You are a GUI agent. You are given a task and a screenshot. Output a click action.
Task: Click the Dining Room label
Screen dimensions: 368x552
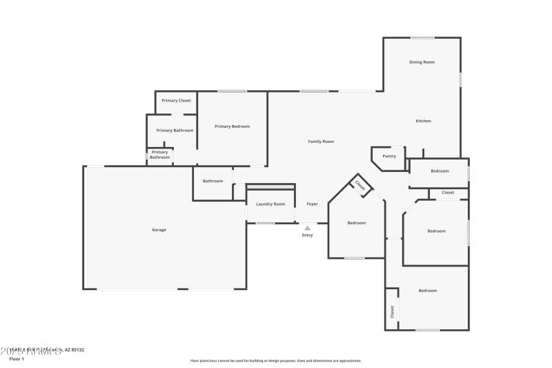click(x=422, y=62)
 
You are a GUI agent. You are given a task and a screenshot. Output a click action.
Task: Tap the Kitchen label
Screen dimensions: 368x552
click(x=423, y=121)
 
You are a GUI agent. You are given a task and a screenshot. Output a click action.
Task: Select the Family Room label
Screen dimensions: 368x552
click(x=321, y=141)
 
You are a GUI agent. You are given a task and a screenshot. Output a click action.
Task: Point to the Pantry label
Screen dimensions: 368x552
click(x=389, y=156)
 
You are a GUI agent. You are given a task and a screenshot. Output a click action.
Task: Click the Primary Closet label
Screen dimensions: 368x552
click(x=176, y=101)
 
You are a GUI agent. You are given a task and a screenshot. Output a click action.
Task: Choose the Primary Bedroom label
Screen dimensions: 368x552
click(x=232, y=126)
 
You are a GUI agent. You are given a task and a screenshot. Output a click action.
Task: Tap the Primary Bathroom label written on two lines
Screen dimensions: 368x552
click(x=159, y=155)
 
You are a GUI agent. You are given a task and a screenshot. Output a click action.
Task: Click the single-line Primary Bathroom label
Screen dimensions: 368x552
click(x=175, y=130)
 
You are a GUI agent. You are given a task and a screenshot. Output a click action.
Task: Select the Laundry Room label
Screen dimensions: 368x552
click(x=270, y=204)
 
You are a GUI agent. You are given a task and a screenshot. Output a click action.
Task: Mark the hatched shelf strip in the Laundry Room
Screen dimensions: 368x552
click(x=270, y=187)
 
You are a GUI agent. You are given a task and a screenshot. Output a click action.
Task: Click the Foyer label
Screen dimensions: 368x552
click(x=313, y=204)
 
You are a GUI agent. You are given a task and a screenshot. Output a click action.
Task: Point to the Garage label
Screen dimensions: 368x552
click(x=159, y=230)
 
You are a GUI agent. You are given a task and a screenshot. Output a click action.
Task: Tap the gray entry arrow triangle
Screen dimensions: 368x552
click(x=307, y=228)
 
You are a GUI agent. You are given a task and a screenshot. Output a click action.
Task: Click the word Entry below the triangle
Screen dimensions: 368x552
click(x=307, y=235)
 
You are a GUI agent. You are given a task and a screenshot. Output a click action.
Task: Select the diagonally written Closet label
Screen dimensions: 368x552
click(x=360, y=185)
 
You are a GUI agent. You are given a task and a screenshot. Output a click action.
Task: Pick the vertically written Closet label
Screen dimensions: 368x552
click(x=392, y=311)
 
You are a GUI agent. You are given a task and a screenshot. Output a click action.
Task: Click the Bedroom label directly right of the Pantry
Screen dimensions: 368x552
click(x=440, y=171)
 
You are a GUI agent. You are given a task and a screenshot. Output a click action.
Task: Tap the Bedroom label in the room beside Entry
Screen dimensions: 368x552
click(x=357, y=223)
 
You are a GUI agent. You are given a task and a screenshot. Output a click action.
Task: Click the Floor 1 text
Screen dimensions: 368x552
click(x=16, y=359)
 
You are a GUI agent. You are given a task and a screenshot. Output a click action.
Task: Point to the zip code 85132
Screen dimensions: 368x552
click(x=76, y=350)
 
